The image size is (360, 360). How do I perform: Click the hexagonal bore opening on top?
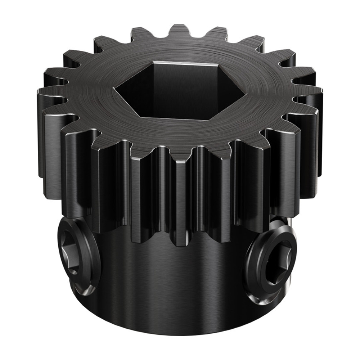180,90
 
